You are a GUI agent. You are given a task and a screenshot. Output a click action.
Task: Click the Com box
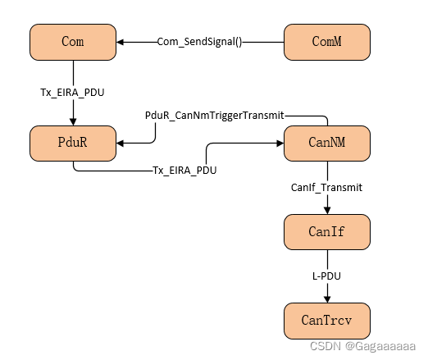[74, 42]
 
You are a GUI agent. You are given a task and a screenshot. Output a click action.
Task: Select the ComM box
[327, 42]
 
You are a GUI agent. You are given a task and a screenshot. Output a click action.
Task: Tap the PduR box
[74, 143]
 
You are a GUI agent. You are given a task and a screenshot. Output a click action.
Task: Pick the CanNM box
[327, 143]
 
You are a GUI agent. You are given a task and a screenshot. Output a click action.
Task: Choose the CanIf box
[327, 232]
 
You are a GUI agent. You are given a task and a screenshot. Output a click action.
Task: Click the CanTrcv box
[327, 320]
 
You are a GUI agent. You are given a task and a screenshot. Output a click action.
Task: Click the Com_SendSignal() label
[200, 42]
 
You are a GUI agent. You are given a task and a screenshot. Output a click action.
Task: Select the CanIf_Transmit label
[327, 187]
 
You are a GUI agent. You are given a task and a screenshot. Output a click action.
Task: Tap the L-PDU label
[327, 276]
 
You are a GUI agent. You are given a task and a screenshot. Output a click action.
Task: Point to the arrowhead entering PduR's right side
[121, 144]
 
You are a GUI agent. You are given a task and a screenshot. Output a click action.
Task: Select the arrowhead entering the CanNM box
[279, 144]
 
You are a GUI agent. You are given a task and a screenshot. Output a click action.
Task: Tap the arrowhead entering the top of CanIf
[327, 211]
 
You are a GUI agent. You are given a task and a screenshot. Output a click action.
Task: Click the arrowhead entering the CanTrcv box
[327, 298]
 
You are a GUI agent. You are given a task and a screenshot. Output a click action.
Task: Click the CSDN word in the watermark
[326, 346]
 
